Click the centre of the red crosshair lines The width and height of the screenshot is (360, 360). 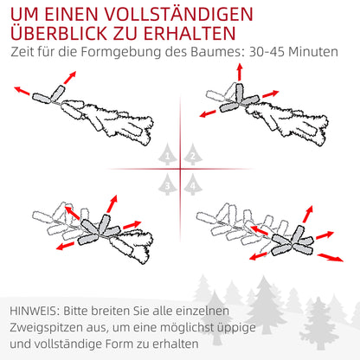(180, 169)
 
